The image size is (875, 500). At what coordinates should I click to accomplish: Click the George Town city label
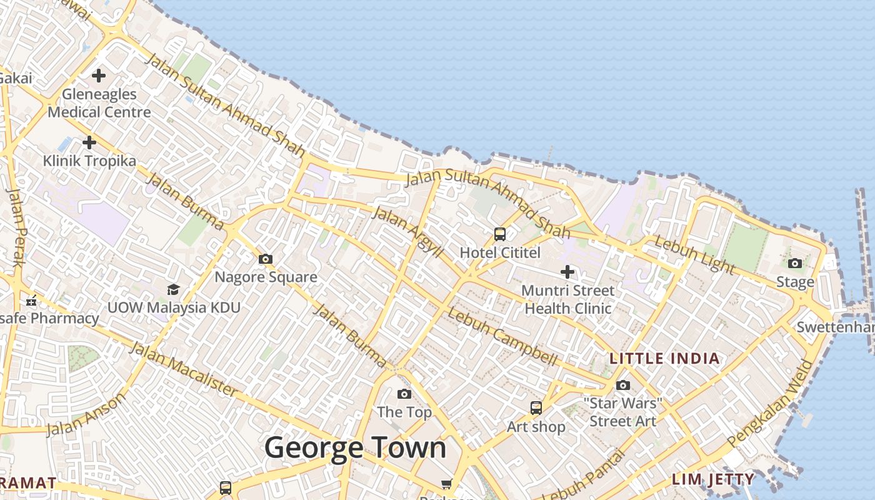[355, 447]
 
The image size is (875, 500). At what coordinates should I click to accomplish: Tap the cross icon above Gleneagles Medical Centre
[98, 76]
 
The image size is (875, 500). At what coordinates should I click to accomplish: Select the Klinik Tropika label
[89, 161]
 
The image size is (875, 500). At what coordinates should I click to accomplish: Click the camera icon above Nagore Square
[266, 259]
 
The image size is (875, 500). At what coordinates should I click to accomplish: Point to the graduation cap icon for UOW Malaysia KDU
[173, 289]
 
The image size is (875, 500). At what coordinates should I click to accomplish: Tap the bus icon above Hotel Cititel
[500, 234]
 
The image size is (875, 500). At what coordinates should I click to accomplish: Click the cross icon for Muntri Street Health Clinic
[567, 272]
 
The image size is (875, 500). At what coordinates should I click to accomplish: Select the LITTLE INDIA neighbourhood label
[665, 359]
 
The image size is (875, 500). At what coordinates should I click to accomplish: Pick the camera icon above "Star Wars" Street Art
[623, 385]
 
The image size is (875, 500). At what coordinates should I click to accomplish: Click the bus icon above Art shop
[536, 408]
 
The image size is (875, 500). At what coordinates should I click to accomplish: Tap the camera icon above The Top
[404, 394]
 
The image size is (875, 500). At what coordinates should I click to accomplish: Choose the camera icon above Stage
[795, 263]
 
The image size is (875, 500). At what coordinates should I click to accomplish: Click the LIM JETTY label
[713, 479]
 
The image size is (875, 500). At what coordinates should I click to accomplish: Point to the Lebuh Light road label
[694, 254]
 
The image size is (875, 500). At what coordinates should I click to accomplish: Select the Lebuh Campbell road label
[501, 336]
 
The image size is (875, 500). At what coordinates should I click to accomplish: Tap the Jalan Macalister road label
[183, 369]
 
